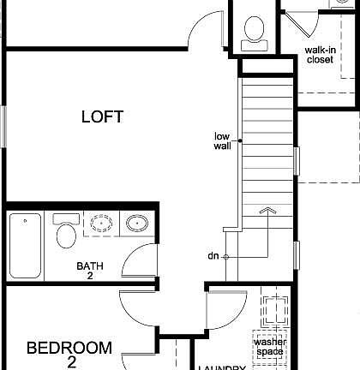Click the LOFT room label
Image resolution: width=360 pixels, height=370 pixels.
click(x=102, y=116)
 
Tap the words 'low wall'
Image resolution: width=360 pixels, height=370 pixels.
click(x=223, y=140)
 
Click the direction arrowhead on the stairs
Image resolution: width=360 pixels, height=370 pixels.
click(x=268, y=209)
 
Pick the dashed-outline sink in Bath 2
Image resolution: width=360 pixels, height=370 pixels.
click(x=102, y=225)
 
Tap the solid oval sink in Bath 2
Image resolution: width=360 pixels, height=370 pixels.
click(x=136, y=225)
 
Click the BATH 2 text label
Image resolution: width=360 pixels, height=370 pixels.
click(x=90, y=271)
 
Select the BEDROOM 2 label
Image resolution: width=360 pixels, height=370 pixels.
click(x=69, y=353)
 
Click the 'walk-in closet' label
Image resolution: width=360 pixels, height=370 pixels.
click(x=319, y=55)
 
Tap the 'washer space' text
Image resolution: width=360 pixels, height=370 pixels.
click(x=269, y=346)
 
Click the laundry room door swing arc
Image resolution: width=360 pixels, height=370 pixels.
click(x=225, y=313)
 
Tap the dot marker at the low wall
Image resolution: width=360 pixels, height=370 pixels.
click(x=240, y=140)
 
